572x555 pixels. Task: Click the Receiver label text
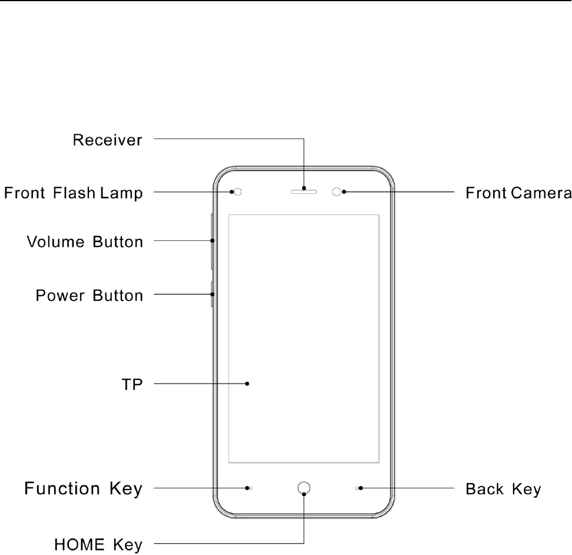(107, 140)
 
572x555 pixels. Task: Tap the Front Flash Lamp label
(74, 193)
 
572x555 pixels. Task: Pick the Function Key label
(83, 488)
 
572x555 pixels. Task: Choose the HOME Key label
(98, 544)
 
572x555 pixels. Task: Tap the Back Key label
(503, 489)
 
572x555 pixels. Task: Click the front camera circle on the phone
(337, 192)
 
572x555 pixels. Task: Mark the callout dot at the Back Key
(361, 488)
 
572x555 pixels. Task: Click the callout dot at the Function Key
(247, 488)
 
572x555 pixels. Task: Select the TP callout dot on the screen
(247, 384)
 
